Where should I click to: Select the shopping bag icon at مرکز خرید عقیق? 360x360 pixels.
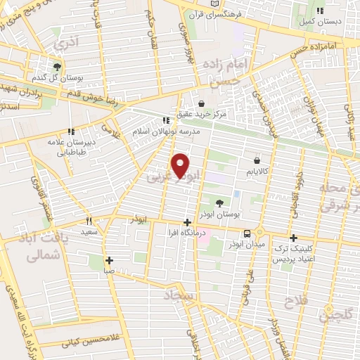pyautogui.click(x=201, y=104)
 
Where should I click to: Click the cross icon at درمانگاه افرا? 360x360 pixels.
pyautogui.click(x=186, y=223)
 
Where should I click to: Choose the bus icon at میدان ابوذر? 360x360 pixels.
pyautogui.click(x=247, y=233)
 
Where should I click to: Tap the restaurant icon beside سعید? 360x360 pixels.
pyautogui.click(x=89, y=221)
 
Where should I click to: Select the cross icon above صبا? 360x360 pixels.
pyautogui.click(x=109, y=259)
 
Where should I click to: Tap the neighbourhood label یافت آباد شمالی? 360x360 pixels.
pyautogui.click(x=29, y=250)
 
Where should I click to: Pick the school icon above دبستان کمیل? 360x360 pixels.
pyautogui.click(x=321, y=11)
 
